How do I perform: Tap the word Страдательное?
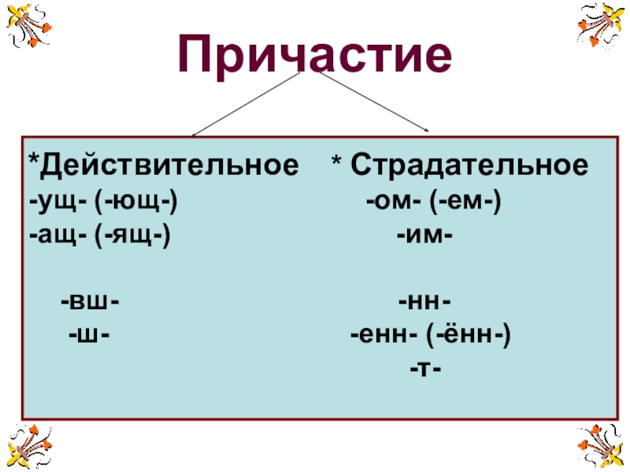[469, 167]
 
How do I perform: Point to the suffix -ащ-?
[57, 234]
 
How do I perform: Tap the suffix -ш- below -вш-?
[88, 334]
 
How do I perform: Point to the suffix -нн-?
[424, 301]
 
